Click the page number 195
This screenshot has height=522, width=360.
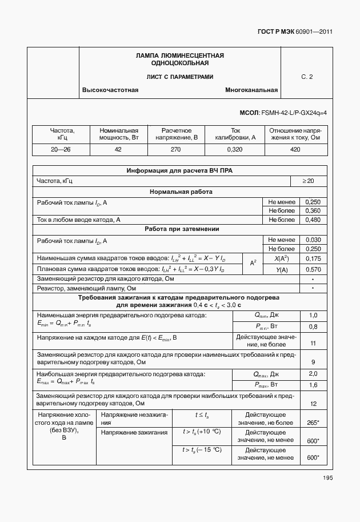point(327,478)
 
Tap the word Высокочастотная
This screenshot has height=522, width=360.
point(111,90)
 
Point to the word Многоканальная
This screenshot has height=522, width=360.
point(251,90)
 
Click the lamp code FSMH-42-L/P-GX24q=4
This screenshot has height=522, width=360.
point(293,113)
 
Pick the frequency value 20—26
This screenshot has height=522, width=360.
point(61,149)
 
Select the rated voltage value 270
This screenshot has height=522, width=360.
point(175,149)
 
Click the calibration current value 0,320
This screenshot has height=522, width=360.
point(235,149)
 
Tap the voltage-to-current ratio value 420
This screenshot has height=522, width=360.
point(295,149)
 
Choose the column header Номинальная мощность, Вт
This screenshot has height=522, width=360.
point(119,134)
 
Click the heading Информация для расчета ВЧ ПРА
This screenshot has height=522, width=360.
point(179,170)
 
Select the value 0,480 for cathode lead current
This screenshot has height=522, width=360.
point(313,220)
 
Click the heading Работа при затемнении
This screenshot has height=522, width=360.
point(179,229)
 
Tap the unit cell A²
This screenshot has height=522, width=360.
point(253,264)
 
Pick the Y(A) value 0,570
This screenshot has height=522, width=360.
point(313,269)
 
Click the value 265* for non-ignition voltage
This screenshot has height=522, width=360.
point(313,423)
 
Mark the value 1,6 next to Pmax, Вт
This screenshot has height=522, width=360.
point(313,385)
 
